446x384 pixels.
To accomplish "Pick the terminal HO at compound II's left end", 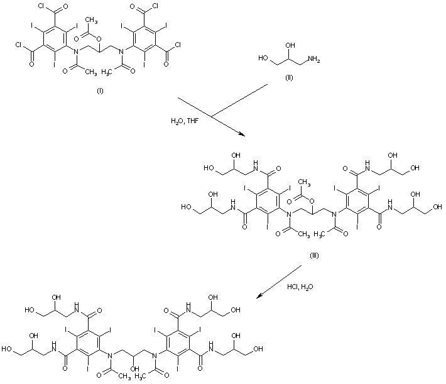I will coord(264,60).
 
